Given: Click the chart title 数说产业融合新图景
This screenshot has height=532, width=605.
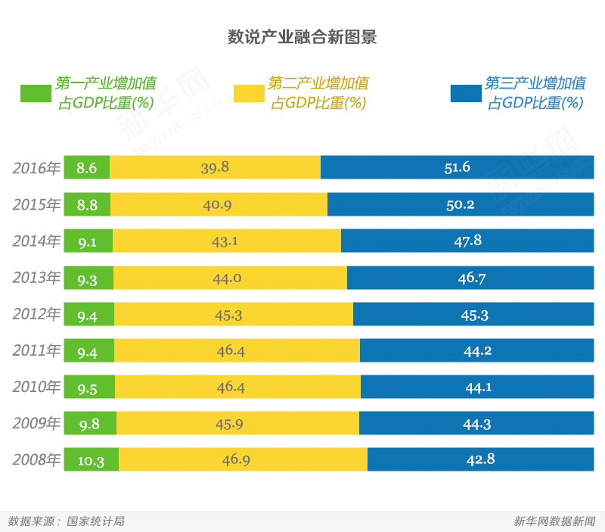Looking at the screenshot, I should [302, 37].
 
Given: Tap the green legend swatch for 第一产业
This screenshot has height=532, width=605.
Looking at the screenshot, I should [36, 93].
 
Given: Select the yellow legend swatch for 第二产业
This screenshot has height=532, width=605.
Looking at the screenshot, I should [248, 93].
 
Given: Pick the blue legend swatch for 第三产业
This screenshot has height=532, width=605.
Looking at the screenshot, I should [465, 93].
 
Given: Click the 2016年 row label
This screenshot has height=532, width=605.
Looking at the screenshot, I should [36, 168].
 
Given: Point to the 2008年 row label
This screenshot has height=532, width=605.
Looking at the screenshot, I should [36, 459].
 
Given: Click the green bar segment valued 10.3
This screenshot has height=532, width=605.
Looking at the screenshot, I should [91, 459].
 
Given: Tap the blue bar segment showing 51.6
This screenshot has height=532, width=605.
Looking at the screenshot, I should [457, 167].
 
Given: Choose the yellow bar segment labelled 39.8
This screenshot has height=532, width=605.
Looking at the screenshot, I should [215, 167].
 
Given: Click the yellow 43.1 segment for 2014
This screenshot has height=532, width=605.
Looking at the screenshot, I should [226, 241].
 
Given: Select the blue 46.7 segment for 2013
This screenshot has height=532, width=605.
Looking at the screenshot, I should [470, 278].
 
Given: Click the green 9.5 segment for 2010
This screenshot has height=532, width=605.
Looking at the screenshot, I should [88, 387].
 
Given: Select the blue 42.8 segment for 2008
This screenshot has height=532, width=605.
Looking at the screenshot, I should [480, 459].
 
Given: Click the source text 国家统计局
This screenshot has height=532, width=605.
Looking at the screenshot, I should [95, 521].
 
